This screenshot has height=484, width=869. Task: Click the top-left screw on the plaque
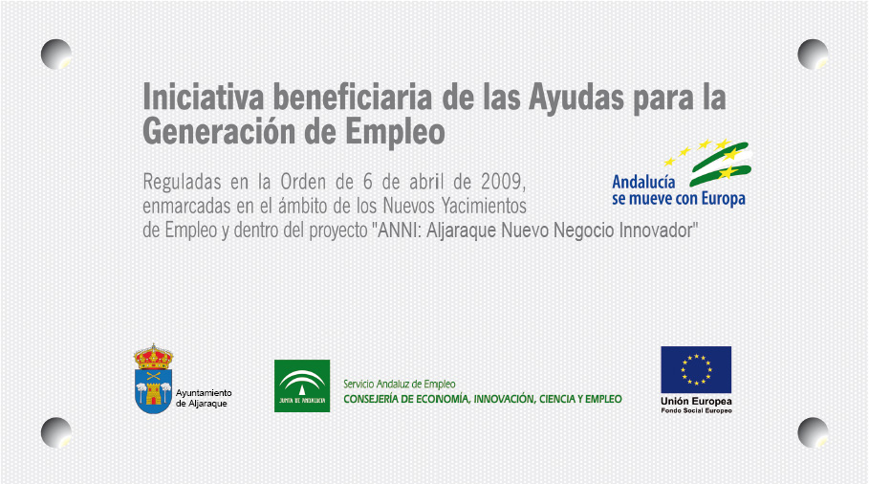click(x=56, y=55)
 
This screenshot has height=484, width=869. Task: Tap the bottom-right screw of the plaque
click(x=813, y=432)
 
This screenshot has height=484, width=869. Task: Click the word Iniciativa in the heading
click(x=204, y=97)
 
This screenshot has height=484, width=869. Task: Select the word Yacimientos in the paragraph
click(x=484, y=207)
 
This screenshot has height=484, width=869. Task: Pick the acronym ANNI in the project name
click(x=399, y=231)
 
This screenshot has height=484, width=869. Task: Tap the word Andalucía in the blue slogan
click(x=643, y=182)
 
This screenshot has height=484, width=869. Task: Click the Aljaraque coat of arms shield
click(x=153, y=391)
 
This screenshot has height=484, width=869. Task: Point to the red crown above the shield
click(x=153, y=357)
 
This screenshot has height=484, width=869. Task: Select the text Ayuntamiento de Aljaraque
click(x=204, y=398)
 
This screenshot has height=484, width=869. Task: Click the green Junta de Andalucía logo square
click(x=302, y=385)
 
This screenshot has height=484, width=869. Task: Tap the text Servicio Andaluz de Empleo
click(x=399, y=384)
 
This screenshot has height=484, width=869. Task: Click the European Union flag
click(x=696, y=370)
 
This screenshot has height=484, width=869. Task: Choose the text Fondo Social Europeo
click(x=696, y=410)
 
